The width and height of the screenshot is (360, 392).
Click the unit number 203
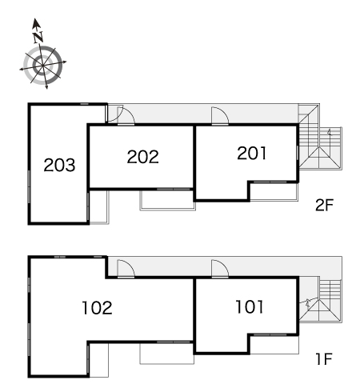pos(59,165)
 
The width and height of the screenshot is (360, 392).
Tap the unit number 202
pos(143,157)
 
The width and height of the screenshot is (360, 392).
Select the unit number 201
pos(252,153)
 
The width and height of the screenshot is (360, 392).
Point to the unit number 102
pos(97,308)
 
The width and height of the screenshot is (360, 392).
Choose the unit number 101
pos(250,306)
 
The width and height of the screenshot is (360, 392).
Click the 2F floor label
pos(324,205)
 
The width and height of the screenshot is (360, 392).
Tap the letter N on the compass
pos(38,37)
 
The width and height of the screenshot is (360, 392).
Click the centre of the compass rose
pos(42,65)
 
